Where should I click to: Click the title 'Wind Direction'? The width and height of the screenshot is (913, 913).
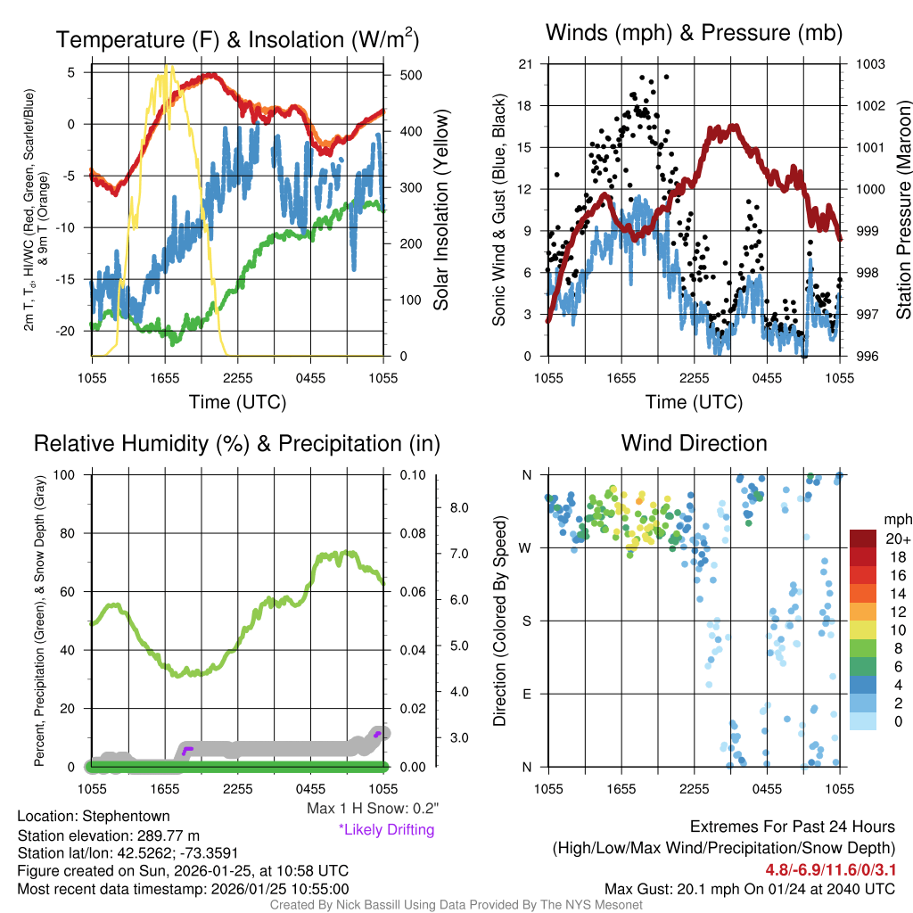coord(694,443)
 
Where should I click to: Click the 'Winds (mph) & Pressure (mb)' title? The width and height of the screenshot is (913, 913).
coord(694,34)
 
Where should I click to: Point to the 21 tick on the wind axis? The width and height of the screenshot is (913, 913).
coord(525,64)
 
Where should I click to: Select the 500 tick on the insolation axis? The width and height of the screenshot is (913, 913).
coord(411,75)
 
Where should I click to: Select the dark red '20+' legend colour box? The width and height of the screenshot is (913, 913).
coord(864,539)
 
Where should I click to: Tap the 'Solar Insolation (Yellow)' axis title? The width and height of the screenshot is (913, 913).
coord(441,210)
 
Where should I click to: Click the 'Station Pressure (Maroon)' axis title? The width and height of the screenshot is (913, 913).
coord(903,210)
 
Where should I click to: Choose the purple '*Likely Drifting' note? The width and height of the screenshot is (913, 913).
coord(386,830)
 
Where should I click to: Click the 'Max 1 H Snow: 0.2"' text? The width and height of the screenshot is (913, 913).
coord(372,809)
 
